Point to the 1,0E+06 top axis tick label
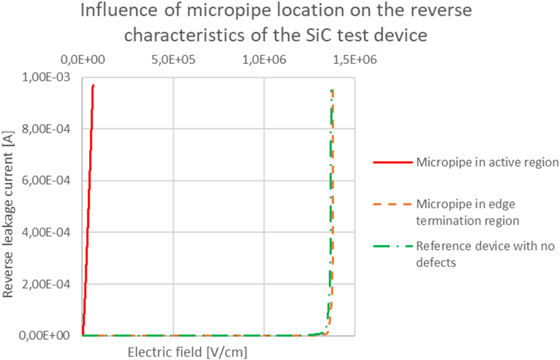tap(265, 60)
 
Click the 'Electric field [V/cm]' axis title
tap(187, 352)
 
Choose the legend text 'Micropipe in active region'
tap(487, 162)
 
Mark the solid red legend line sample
tap(392, 162)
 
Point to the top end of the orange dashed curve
tap(333, 91)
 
